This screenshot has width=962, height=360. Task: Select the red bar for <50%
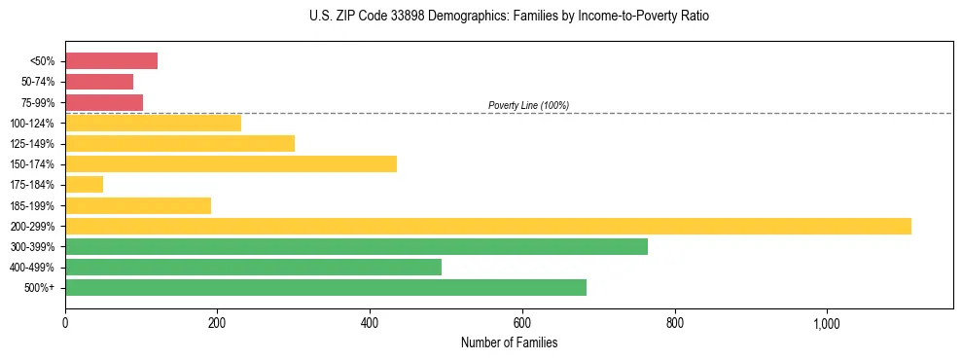coord(111,61)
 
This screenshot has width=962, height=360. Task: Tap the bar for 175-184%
coord(84,185)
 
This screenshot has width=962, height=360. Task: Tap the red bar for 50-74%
coord(99,82)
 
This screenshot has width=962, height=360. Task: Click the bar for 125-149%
coord(180,143)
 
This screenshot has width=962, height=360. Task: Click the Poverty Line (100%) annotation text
coord(528,105)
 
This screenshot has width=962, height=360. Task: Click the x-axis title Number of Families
coord(509,342)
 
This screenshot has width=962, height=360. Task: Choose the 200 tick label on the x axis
coord(217,322)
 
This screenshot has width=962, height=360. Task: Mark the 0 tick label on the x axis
coord(65,322)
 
